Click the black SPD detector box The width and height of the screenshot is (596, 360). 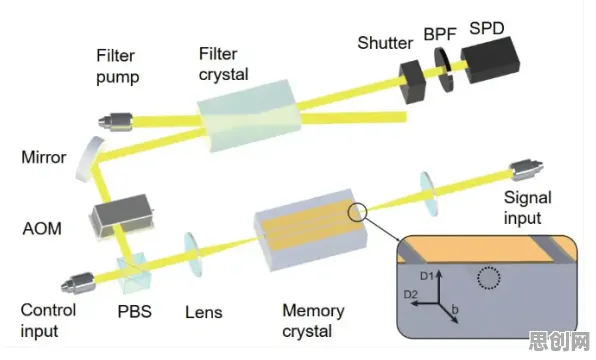coord(491,60)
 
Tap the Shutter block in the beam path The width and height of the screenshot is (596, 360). coord(412,82)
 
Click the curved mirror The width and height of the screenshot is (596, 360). coord(90,159)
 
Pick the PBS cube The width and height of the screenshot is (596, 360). coord(133,273)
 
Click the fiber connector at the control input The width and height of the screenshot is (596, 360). coord(78,283)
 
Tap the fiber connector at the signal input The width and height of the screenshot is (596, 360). coord(526,169)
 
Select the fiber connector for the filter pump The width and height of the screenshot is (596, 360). coord(116,122)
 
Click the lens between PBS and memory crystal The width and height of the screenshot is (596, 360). coord(193,254)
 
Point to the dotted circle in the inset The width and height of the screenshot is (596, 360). coord(489,278)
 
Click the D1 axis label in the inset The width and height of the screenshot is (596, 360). coord(427,276)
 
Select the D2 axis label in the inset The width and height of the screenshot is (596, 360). coord(411,294)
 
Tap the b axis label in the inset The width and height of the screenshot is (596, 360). coord(455,309)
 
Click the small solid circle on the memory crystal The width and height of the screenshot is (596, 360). coord(357,212)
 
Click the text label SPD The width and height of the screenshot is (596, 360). coord(487,28)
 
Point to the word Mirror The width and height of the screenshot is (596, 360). coord(44,157)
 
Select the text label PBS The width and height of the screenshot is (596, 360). coord(135,312)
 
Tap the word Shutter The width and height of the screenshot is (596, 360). coord(385,43)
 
